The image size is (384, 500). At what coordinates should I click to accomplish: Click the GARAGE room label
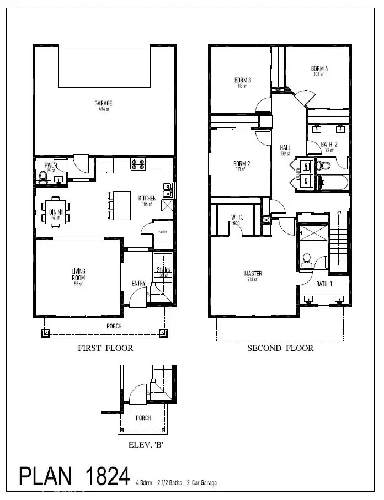pyautogui.click(x=103, y=103)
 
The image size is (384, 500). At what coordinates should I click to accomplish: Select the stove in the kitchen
pyautogui.click(x=138, y=164)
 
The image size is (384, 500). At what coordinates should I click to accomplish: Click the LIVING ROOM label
pyautogui.click(x=77, y=274)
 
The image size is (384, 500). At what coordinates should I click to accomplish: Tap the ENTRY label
pyautogui.click(x=138, y=284)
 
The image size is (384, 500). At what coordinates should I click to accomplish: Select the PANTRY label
pyautogui.click(x=163, y=232)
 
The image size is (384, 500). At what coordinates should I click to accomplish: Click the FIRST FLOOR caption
pyautogui.click(x=105, y=348)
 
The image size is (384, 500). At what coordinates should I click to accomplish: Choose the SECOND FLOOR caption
pyautogui.click(x=280, y=348)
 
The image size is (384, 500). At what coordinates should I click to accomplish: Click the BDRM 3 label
pyautogui.click(x=242, y=80)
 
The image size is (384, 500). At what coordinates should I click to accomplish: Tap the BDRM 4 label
pyautogui.click(x=318, y=69)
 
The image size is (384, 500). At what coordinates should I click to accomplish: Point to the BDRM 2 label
pyautogui.click(x=242, y=164)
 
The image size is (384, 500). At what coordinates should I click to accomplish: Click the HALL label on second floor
pyautogui.click(x=285, y=147)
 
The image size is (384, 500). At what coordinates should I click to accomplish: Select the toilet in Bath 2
pyautogui.click(x=324, y=165)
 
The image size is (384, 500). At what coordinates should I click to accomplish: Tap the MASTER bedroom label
pyautogui.click(x=253, y=274)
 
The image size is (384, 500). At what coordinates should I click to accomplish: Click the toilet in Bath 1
pyautogui.click(x=307, y=259)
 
